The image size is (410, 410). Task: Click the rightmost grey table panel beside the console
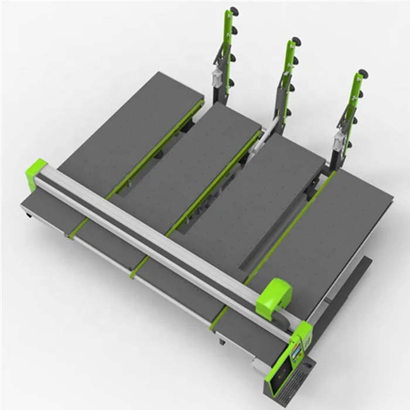coord(340,234)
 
